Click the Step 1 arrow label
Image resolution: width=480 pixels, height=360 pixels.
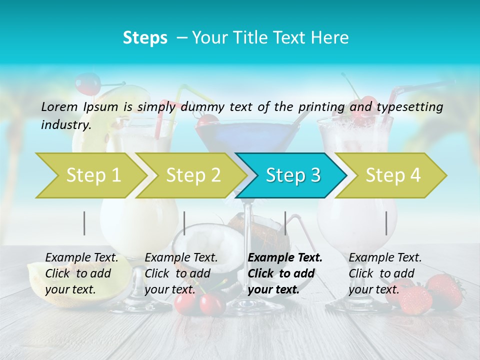point(93,175)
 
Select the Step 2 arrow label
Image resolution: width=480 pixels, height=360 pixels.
point(193,175)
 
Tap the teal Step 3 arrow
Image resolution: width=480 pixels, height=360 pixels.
point(293,175)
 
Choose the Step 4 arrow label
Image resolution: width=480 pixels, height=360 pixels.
point(393,175)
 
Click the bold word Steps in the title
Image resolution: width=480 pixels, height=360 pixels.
point(145,37)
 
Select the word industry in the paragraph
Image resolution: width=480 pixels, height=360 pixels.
point(65,124)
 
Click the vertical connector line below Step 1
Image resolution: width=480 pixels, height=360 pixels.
point(84,223)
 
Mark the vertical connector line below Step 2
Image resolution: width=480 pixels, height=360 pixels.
point(184,223)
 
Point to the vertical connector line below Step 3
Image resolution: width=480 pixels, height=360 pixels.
point(285,223)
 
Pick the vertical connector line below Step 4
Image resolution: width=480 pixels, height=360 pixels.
point(386,223)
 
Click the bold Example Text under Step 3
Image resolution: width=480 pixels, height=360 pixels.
point(285,257)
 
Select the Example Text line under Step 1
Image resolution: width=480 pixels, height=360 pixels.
point(81,257)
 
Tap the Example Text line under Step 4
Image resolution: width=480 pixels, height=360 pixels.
point(385,257)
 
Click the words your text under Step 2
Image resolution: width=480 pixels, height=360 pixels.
point(170,289)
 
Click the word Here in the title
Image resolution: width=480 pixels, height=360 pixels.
point(329,37)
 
